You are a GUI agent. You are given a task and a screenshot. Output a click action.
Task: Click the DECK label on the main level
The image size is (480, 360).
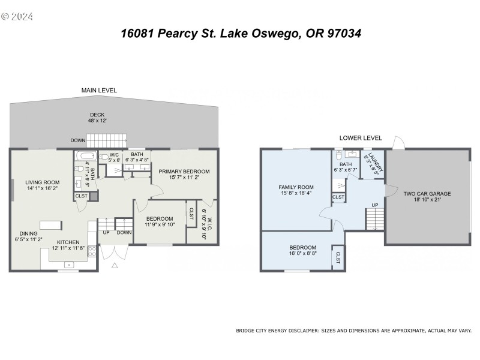(97, 115)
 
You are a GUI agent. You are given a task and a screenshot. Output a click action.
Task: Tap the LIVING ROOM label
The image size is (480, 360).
(41, 182)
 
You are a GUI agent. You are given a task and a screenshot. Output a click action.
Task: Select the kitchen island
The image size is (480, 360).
(50, 225)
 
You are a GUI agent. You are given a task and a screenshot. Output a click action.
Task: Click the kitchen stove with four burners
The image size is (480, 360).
(92, 251)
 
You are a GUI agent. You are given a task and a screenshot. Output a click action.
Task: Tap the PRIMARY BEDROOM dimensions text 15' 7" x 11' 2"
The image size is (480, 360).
(184, 178)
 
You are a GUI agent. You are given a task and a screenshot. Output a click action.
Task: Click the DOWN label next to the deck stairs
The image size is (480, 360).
(77, 140)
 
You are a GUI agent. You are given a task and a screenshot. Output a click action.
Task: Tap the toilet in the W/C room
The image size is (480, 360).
(103, 158)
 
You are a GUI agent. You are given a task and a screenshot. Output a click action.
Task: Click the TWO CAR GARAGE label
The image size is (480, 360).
(427, 194)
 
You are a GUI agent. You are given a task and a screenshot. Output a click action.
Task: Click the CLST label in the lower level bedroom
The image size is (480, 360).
(338, 257)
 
